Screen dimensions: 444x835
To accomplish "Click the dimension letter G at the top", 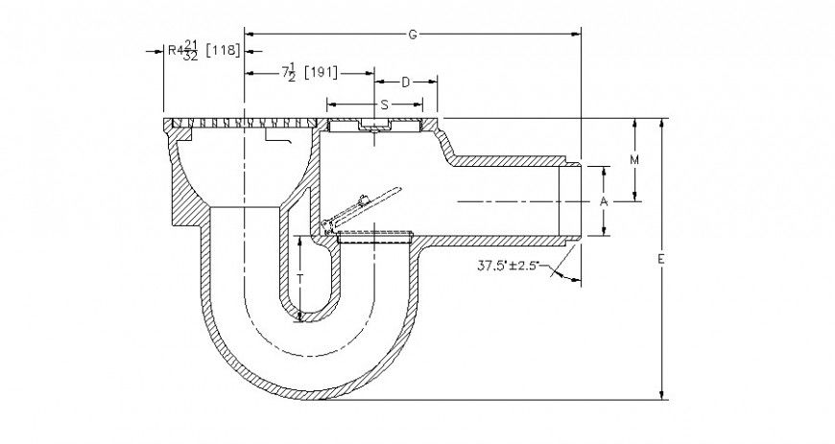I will (412, 34).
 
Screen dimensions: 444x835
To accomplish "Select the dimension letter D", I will (405, 82).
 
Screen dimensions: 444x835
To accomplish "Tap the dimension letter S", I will (383, 102).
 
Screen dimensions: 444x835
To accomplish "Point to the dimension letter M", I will (634, 160).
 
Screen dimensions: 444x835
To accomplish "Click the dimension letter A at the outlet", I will (603, 201).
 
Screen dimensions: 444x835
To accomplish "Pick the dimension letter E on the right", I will (662, 259).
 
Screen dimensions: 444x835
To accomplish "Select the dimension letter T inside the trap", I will (300, 279).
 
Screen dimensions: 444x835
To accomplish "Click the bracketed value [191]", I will (321, 73).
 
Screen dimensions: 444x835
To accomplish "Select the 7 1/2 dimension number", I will (287, 73).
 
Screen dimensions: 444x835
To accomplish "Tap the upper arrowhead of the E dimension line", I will (662, 124).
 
